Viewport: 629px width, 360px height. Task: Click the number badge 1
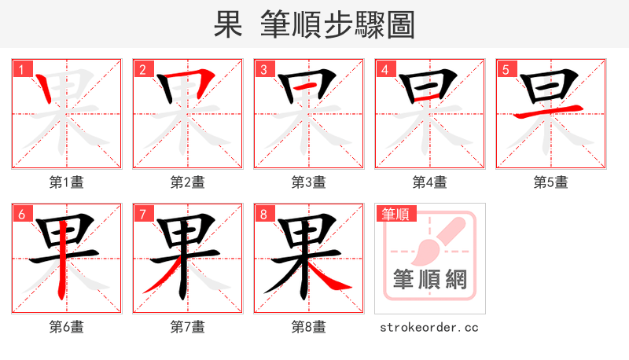[21, 69]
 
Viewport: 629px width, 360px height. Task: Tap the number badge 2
[142, 69]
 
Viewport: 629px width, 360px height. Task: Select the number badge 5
[506, 69]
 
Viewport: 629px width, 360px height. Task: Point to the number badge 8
[263, 214]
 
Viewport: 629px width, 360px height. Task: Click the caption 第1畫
[67, 182]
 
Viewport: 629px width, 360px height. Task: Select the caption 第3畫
[309, 182]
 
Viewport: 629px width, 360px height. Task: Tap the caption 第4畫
[430, 182]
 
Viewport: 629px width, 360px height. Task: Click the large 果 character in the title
[228, 25]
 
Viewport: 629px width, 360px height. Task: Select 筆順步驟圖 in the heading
[340, 25]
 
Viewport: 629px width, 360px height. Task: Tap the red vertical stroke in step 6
[61, 259]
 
